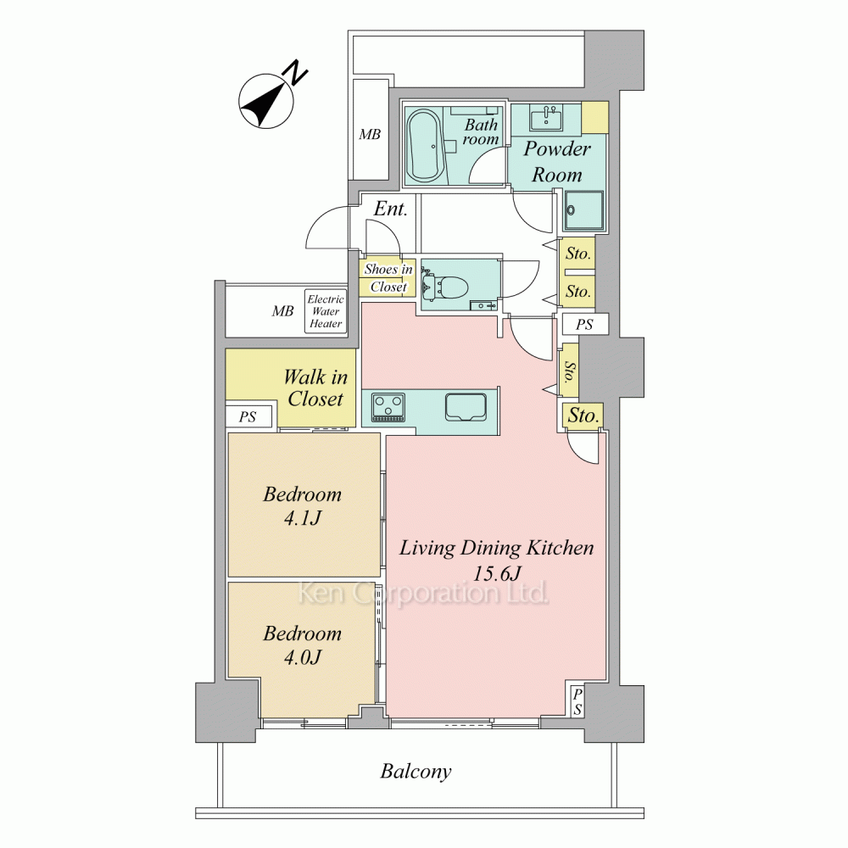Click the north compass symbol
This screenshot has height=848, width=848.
(267, 101)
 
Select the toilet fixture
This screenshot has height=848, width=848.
(444, 286)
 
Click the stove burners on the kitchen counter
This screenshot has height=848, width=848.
(388, 407)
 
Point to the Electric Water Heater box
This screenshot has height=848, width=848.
(326, 311)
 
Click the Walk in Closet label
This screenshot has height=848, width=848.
(315, 388)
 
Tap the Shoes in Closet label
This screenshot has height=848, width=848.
(388, 277)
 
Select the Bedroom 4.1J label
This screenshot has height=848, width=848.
(303, 505)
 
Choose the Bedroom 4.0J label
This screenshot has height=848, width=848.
(303, 644)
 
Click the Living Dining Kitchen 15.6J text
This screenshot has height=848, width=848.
(496, 560)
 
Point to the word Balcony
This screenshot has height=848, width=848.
(416, 771)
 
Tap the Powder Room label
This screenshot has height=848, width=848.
(557, 161)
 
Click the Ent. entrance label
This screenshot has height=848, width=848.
(390, 209)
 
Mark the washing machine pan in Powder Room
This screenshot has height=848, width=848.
(584, 211)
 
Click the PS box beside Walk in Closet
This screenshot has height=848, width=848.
(248, 417)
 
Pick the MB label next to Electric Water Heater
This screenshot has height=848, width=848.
(282, 311)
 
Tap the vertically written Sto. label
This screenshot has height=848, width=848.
(569, 371)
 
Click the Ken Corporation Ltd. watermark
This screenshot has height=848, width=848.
(423, 594)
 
